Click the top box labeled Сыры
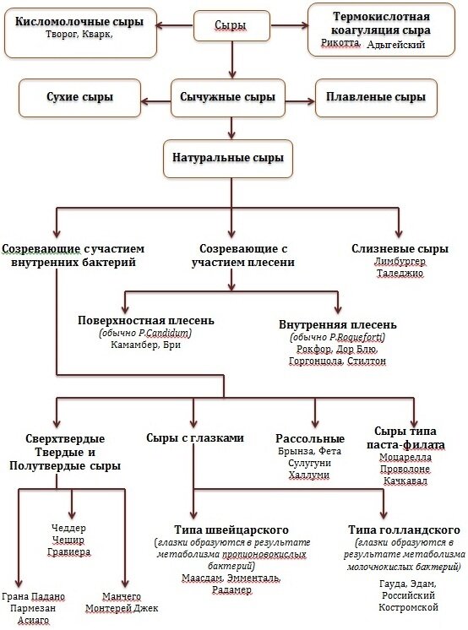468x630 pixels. click(x=230, y=26)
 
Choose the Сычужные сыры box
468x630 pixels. click(x=231, y=97)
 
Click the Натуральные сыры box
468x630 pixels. click(x=231, y=158)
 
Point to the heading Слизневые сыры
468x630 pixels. click(x=400, y=249)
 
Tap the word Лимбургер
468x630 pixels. click(x=400, y=263)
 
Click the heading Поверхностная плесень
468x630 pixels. click(x=146, y=321)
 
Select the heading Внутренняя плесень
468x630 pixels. click(x=337, y=324)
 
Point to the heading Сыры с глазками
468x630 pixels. click(x=195, y=438)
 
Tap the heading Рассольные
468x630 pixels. click(x=310, y=438)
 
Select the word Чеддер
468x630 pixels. click(x=69, y=528)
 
